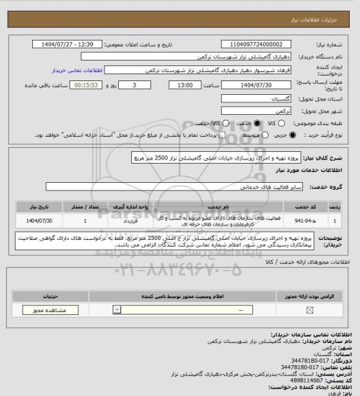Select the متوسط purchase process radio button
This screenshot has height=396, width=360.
239,136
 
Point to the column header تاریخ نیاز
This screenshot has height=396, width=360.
39,206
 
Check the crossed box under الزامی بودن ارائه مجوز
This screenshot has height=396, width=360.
309,310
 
